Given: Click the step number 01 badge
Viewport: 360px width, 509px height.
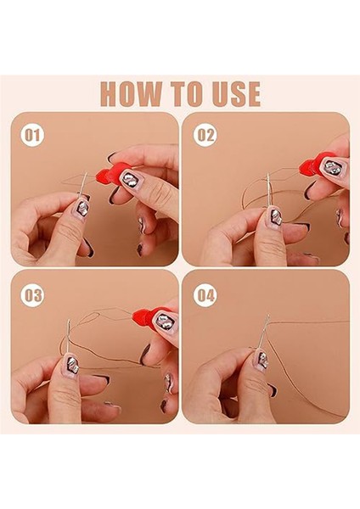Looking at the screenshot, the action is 32,136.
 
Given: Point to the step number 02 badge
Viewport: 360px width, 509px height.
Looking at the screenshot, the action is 205,136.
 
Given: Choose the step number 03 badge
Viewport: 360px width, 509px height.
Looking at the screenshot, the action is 32,296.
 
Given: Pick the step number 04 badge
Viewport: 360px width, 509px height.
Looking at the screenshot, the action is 205,296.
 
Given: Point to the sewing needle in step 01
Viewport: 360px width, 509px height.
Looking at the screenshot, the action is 83,184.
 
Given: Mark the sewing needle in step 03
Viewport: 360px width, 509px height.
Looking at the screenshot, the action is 68,337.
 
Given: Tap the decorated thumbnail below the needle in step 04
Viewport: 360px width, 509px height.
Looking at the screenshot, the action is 262,360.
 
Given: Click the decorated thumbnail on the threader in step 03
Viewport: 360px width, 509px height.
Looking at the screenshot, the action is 165,321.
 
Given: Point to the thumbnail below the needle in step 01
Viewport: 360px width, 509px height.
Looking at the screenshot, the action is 82,207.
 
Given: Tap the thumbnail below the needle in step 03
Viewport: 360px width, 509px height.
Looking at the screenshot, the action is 71,365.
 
